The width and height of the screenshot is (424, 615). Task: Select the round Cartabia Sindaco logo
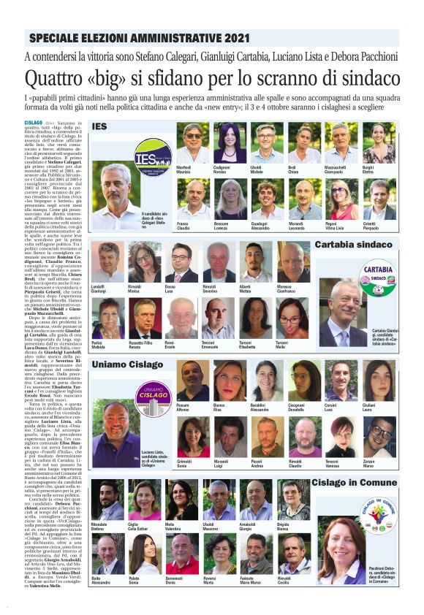click(378, 281)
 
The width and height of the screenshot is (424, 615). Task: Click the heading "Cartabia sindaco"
click(354, 245)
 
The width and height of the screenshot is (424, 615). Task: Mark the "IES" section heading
click(99, 126)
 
